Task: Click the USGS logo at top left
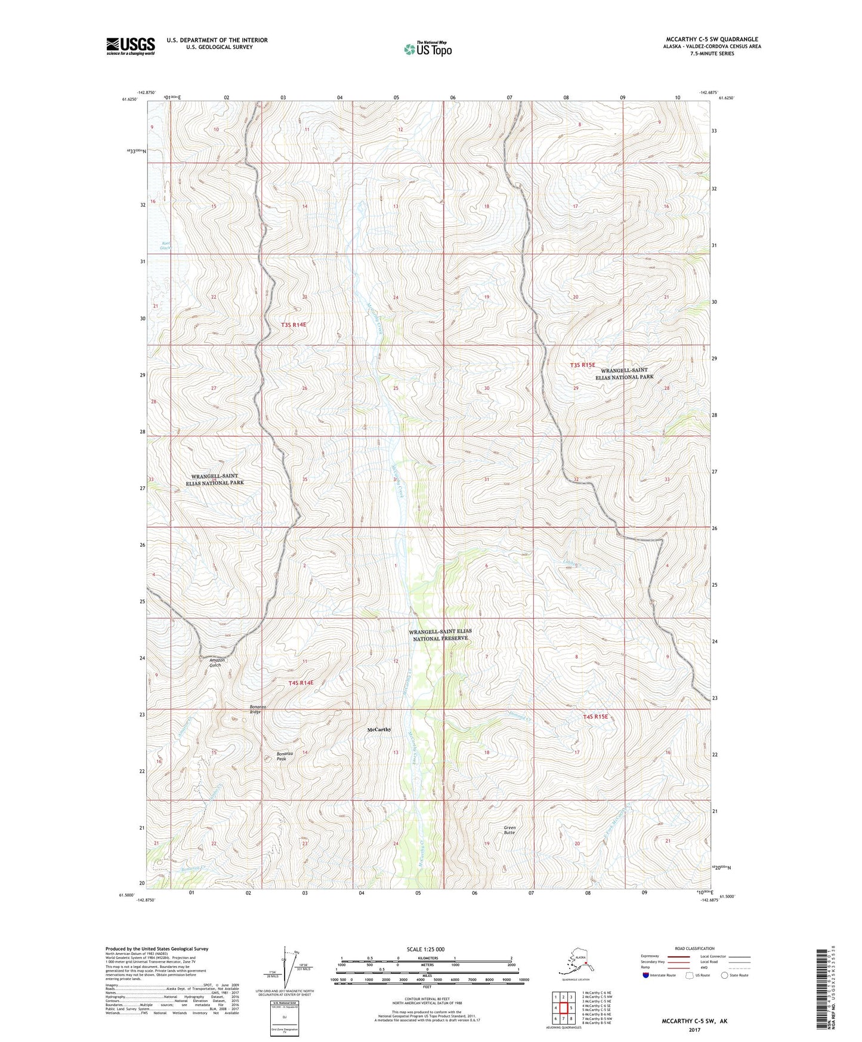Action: coord(130,46)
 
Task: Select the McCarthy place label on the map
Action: coord(379,729)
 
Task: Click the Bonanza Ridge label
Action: coord(255,709)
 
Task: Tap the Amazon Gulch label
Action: coord(217,662)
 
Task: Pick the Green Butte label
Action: coord(509,830)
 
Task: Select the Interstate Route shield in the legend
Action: coord(646,975)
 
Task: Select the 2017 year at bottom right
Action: coord(694,1030)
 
